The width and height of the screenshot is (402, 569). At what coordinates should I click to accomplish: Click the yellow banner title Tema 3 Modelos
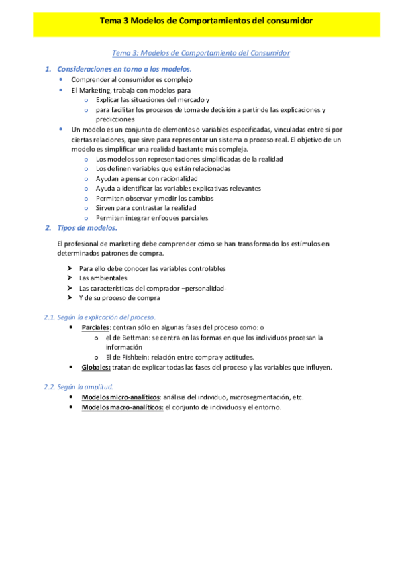pyautogui.click(x=206, y=21)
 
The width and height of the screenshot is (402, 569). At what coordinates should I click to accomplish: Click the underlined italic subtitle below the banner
pyautogui.click(x=201, y=52)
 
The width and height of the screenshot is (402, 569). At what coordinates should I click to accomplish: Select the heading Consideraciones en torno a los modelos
pyautogui.click(x=125, y=69)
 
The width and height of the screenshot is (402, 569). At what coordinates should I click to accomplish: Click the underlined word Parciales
pyautogui.click(x=95, y=327)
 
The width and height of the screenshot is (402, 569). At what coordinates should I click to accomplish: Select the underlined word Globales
pyautogui.click(x=95, y=368)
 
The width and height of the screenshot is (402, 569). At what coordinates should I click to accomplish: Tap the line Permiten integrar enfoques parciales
pyautogui.click(x=152, y=218)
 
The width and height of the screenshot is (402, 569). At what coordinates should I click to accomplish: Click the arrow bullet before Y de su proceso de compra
pyautogui.click(x=70, y=298)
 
